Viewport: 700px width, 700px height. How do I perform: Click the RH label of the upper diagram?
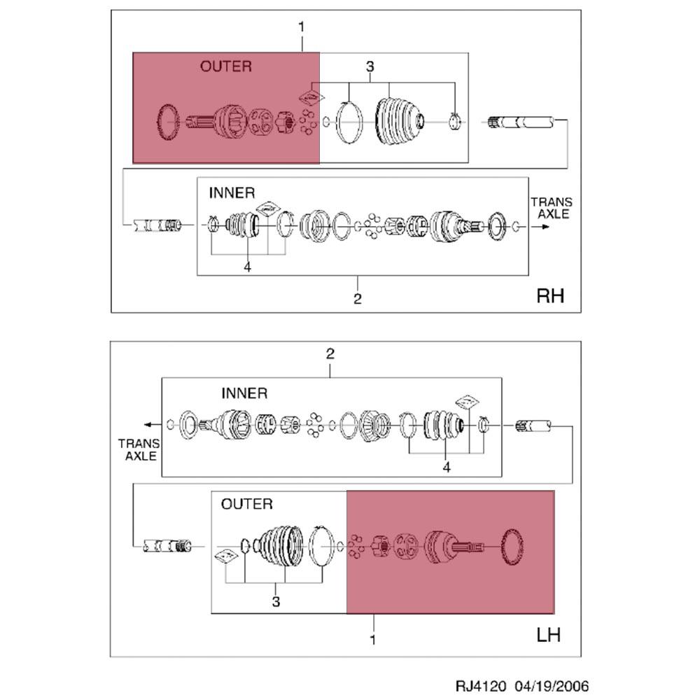[550, 296]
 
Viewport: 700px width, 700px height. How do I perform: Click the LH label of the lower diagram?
[548, 635]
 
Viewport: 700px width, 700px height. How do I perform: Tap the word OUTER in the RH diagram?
[226, 66]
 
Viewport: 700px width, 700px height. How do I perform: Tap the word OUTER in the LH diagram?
[247, 504]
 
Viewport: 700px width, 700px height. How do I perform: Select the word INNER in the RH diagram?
[232, 193]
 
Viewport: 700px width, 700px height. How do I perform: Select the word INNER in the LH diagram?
[244, 393]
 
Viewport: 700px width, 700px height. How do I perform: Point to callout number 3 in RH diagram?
[370, 66]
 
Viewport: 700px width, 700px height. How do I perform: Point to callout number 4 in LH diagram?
[447, 468]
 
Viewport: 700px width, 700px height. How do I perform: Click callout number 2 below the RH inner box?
[357, 299]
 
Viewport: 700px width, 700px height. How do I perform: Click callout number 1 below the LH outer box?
[373, 640]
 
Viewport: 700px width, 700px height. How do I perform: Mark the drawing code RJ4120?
[480, 686]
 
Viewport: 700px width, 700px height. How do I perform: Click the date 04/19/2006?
[552, 686]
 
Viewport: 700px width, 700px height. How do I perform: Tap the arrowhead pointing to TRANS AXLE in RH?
[545, 227]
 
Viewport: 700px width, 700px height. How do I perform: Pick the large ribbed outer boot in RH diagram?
[400, 120]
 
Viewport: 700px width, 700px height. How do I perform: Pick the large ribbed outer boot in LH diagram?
[279, 547]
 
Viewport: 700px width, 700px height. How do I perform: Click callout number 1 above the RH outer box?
[301, 27]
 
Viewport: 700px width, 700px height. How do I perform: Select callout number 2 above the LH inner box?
[330, 354]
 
